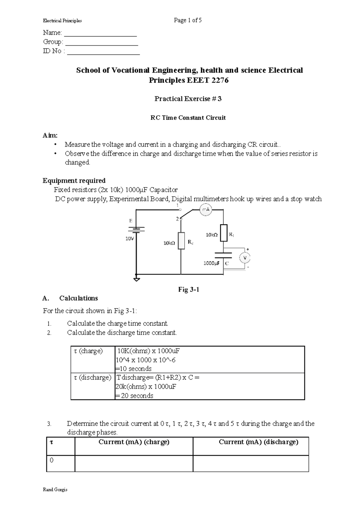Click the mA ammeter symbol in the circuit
(x=206, y=210)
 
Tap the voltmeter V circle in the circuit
(x=244, y=258)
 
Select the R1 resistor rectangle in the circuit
(x=224, y=233)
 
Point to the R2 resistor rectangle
(x=181, y=240)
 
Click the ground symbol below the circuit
(x=136, y=279)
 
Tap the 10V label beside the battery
(x=130, y=239)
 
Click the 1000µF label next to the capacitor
(x=211, y=263)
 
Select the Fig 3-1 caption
(x=189, y=289)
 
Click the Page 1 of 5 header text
(x=188, y=20)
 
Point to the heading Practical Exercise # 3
(x=188, y=99)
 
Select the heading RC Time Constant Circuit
(x=188, y=118)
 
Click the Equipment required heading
(x=74, y=180)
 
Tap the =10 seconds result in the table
(x=133, y=369)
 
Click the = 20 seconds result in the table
(x=134, y=396)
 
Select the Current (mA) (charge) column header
(x=134, y=442)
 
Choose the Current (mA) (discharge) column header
(x=258, y=442)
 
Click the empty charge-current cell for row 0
(x=134, y=463)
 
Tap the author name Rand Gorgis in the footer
(x=55, y=490)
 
